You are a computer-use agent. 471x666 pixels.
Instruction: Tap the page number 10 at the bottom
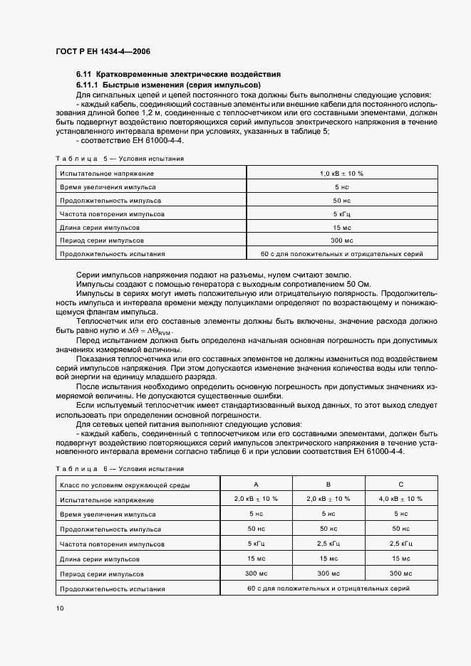tap(59, 608)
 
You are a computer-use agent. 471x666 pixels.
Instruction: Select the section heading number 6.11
tap(84, 74)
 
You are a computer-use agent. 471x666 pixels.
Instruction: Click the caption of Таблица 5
tap(119, 159)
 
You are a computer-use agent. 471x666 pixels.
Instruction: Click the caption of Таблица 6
tap(119, 469)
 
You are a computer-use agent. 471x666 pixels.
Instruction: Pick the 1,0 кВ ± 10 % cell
tap(341, 173)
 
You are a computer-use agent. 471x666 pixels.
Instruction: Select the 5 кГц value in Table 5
tap(341, 213)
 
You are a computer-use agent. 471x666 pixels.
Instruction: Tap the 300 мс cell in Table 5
tap(341, 240)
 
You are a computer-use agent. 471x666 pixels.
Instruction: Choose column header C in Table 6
tap(400, 485)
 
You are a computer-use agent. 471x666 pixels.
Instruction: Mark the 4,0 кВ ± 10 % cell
tap(400, 499)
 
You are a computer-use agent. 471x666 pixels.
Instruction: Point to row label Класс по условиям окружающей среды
tap(125, 485)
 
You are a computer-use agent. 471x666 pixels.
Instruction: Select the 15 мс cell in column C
tap(400, 559)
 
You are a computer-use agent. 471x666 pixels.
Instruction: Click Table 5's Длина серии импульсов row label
tap(100, 227)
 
